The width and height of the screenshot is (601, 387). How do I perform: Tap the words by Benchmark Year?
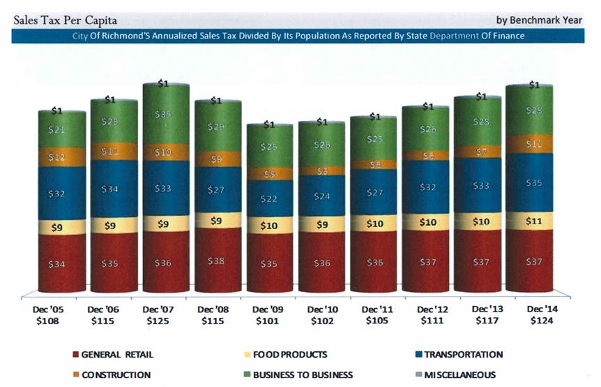[x=539, y=20]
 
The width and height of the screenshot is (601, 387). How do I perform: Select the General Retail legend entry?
[x=116, y=355]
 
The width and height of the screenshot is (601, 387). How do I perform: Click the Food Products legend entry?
[x=291, y=355]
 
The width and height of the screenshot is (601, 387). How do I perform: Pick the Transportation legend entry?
[x=462, y=355]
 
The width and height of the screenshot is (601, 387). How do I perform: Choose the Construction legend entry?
[x=116, y=375]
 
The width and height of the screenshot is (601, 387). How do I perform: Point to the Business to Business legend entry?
[x=303, y=375]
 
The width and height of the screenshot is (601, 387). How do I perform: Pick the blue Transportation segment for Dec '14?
[x=534, y=182]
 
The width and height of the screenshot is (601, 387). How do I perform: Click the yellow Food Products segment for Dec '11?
[x=376, y=224]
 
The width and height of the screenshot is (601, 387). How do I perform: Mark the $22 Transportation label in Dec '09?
[x=269, y=199]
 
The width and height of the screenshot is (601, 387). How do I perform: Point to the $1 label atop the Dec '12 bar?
[x=427, y=107]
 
